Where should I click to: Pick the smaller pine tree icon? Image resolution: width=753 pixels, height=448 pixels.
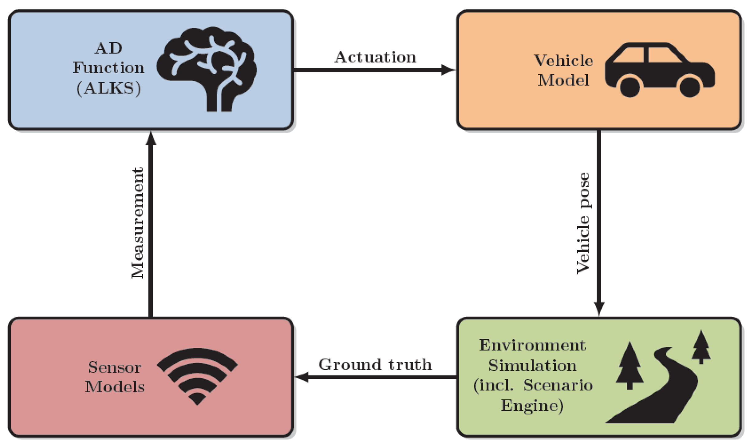pos(701,346)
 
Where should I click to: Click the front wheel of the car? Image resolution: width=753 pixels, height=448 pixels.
pos(690,87)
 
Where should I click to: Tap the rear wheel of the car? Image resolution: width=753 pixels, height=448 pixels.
pos(630,87)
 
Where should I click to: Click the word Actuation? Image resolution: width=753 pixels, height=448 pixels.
pos(375,57)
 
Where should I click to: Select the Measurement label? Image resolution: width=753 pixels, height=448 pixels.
pos(138,223)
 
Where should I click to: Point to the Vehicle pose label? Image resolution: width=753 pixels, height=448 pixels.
pos(583,223)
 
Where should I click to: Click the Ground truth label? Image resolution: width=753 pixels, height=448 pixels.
pos(375,365)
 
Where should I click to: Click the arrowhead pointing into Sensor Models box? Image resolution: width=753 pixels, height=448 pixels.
pos(302,377)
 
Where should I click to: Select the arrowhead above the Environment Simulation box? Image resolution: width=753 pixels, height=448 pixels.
pos(599,308)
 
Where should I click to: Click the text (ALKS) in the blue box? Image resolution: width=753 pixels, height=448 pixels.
pos(109,89)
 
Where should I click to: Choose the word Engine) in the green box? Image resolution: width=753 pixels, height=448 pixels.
pos(532,406)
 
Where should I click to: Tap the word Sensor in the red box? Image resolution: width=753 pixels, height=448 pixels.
pos(115,367)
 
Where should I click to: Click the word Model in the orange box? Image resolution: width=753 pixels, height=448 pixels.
pos(563,81)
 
